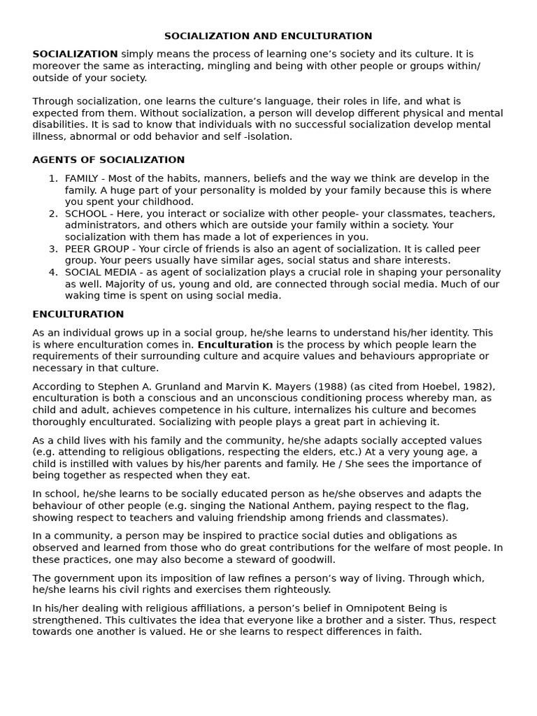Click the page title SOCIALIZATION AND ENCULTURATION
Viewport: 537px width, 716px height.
click(268, 36)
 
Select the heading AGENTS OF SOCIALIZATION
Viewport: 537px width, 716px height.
click(108, 160)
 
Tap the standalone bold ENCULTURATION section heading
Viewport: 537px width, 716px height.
click(78, 315)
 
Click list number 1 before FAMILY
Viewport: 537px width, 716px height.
click(52, 179)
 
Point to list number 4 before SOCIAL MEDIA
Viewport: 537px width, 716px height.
click(52, 272)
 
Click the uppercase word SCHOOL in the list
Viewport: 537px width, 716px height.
click(86, 214)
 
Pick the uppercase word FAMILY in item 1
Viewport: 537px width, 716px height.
click(83, 179)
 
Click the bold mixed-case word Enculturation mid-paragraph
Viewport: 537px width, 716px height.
click(235, 345)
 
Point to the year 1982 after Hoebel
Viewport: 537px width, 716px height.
click(478, 387)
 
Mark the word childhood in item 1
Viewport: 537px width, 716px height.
click(169, 202)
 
